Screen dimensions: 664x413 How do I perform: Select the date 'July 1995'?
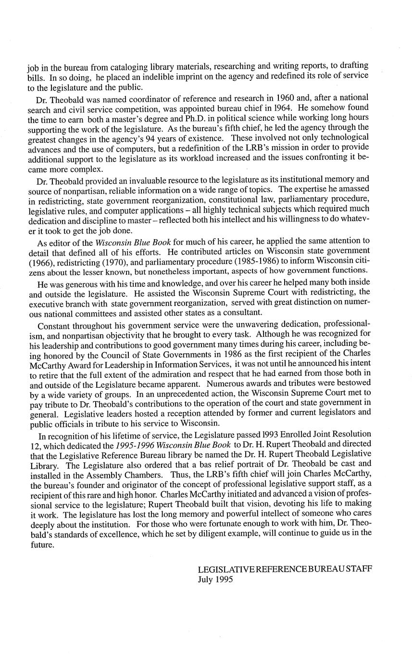coord(215,580)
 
